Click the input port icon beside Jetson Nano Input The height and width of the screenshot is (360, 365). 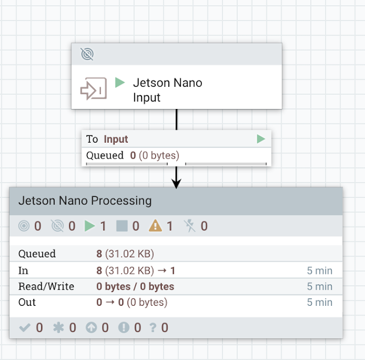(94, 89)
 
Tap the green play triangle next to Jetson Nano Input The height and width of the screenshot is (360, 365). (120, 83)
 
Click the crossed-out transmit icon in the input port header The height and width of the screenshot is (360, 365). (87, 54)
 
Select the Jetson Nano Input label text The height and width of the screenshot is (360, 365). (168, 90)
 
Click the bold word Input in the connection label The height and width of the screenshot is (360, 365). (116, 139)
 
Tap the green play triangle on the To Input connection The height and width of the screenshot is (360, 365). (261, 139)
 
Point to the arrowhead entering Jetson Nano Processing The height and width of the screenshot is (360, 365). (176, 184)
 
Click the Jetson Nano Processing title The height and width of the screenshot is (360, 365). (85, 201)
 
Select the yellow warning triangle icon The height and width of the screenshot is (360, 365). (155, 226)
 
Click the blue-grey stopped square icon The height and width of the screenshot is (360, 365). (121, 226)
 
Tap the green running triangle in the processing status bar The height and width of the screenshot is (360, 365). (90, 226)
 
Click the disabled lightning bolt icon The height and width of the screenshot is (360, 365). (190, 226)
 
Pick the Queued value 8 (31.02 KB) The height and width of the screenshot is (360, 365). (125, 253)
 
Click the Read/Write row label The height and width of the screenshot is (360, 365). (46, 286)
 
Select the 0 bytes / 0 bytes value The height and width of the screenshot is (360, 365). (135, 286)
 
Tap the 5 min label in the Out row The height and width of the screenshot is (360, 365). (319, 302)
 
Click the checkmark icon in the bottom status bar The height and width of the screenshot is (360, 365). (25, 327)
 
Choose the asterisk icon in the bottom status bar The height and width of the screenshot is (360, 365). (58, 327)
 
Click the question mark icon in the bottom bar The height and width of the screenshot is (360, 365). (153, 327)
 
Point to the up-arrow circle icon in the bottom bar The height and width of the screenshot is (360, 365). (91, 327)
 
